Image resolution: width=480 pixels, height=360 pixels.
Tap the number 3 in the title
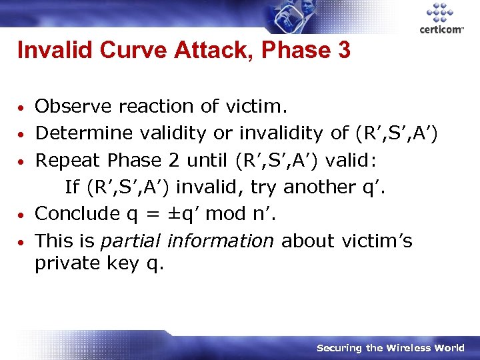coord(343,51)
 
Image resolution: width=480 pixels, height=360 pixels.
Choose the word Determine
coord(83,133)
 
